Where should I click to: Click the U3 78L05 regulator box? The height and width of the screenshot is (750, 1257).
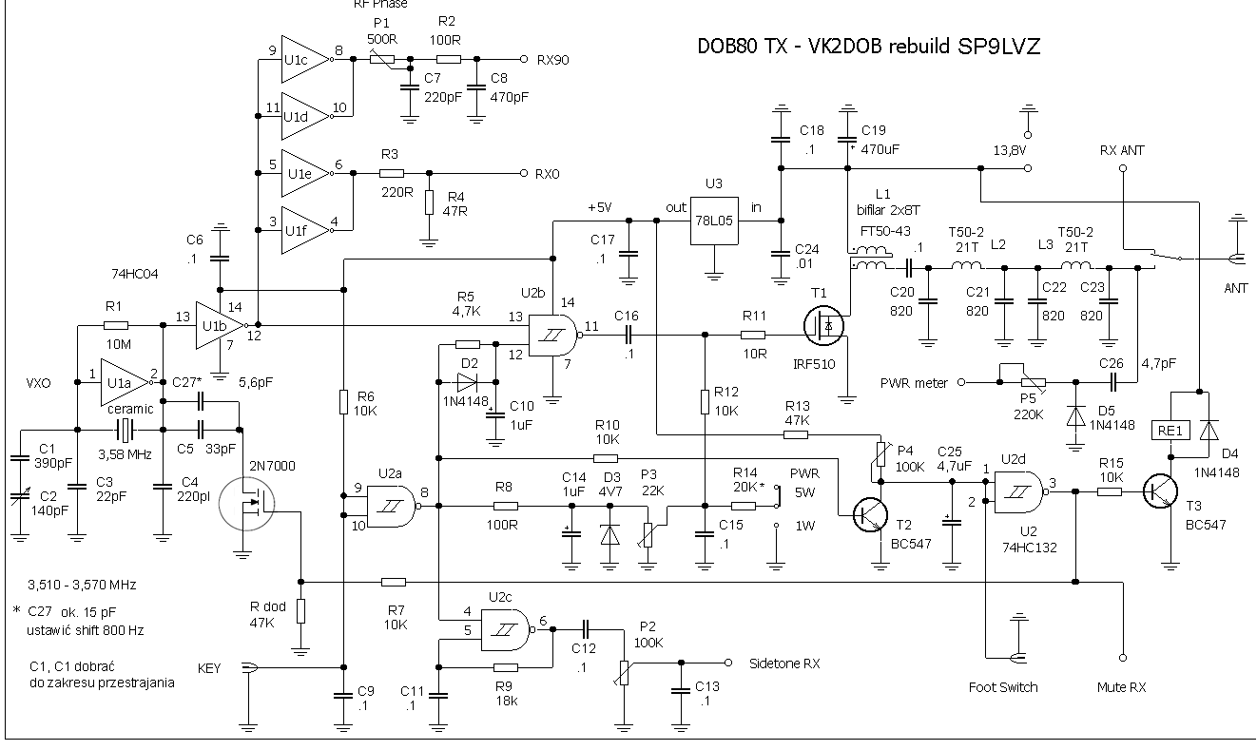click(716, 221)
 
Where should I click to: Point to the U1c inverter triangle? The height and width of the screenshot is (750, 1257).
click(302, 60)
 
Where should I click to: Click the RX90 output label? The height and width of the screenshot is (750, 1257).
click(554, 59)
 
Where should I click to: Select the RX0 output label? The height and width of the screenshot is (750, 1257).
click(548, 174)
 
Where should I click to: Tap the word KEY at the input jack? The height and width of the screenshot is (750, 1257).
click(209, 668)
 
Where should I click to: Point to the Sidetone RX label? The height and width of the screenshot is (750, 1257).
click(784, 663)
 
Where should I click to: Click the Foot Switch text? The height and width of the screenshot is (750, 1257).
click(1003, 686)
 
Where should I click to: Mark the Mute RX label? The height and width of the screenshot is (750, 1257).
click(1122, 686)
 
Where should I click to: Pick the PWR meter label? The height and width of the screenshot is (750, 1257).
click(914, 383)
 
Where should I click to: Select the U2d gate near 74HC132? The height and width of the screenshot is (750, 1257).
click(1020, 491)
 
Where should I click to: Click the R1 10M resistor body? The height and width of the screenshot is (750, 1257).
click(119, 326)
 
